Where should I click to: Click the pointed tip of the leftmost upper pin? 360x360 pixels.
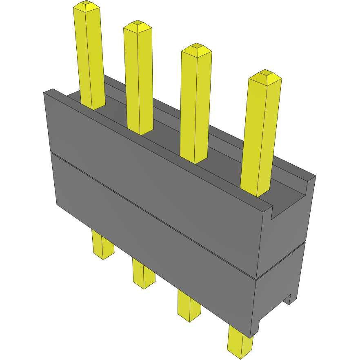click(x=87, y=6)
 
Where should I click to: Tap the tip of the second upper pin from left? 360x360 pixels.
click(x=138, y=26)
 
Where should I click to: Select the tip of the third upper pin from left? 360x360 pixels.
click(x=196, y=49)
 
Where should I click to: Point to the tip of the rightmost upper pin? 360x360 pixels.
click(x=265, y=76)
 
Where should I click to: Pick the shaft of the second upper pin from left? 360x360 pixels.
click(x=139, y=82)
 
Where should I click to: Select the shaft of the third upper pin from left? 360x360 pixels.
click(x=195, y=106)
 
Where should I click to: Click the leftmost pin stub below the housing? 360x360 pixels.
click(x=102, y=245)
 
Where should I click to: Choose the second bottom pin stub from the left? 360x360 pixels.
click(x=143, y=274)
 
